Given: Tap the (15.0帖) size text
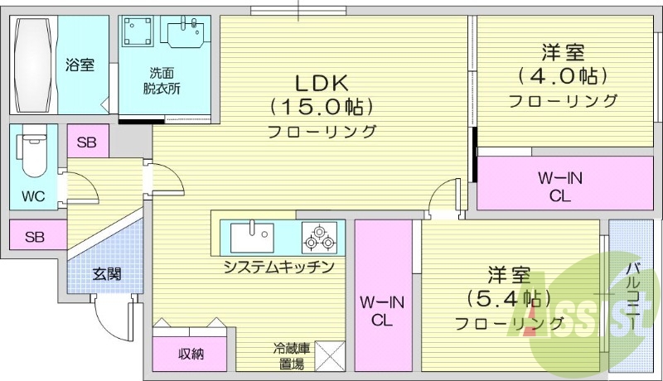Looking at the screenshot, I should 322,107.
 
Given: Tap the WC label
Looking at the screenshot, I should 33,196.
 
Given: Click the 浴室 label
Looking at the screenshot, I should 80,65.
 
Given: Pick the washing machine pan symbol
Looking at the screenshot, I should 138,32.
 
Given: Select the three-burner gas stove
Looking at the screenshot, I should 320,238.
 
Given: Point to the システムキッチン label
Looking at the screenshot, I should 278,268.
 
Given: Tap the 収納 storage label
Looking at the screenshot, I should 191,354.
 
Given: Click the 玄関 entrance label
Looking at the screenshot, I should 107,273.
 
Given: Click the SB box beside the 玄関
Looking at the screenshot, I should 34,237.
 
